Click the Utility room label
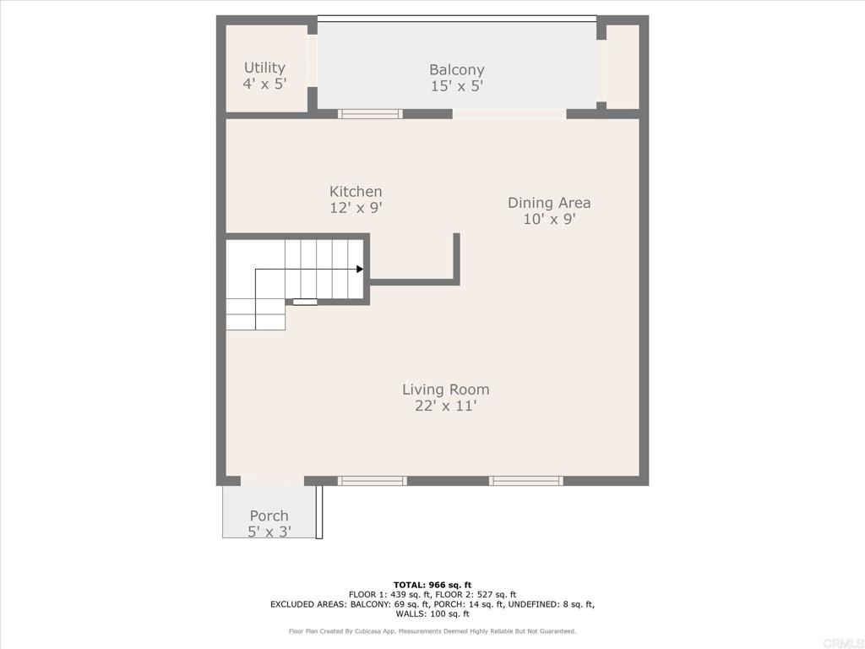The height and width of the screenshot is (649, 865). point(264,68)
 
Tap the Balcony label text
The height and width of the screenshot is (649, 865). point(456,70)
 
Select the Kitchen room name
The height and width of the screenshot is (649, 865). point(356,192)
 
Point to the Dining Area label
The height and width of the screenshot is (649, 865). point(549,203)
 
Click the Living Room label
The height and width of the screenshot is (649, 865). point(445,390)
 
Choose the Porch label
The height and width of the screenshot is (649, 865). point(269,515)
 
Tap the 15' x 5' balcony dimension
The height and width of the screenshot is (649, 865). point(456,86)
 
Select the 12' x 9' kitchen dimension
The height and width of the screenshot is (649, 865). point(356,208)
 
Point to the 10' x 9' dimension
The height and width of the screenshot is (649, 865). point(549,219)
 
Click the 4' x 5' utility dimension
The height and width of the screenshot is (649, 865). point(264,84)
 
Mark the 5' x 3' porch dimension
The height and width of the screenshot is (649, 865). point(269,532)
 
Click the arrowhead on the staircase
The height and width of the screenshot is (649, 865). point(360,270)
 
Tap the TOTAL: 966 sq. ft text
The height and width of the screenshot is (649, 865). point(432,585)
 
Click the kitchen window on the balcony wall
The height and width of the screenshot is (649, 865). point(370,114)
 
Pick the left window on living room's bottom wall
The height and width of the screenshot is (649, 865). point(372,481)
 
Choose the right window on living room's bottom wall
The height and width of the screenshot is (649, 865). point(525,481)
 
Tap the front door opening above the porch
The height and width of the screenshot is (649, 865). point(272,481)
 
